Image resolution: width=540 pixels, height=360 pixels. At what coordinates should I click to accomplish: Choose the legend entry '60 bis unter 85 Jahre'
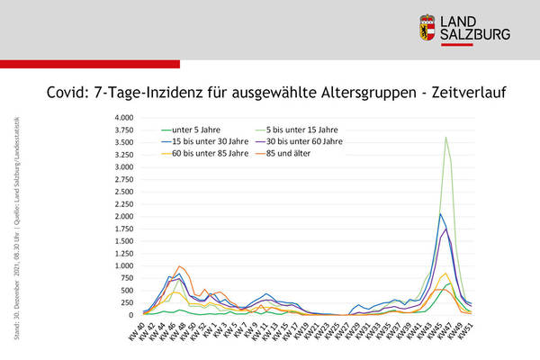[x=211, y=152]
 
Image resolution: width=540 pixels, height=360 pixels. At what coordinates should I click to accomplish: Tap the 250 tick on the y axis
[x=124, y=302]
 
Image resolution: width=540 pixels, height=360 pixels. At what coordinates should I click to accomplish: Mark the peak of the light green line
[x=445, y=138]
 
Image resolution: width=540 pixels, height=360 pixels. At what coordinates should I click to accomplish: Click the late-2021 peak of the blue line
[x=440, y=214]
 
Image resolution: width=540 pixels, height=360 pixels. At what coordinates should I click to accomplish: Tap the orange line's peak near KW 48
[x=180, y=266]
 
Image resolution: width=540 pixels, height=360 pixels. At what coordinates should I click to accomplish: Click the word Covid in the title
[x=67, y=92]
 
